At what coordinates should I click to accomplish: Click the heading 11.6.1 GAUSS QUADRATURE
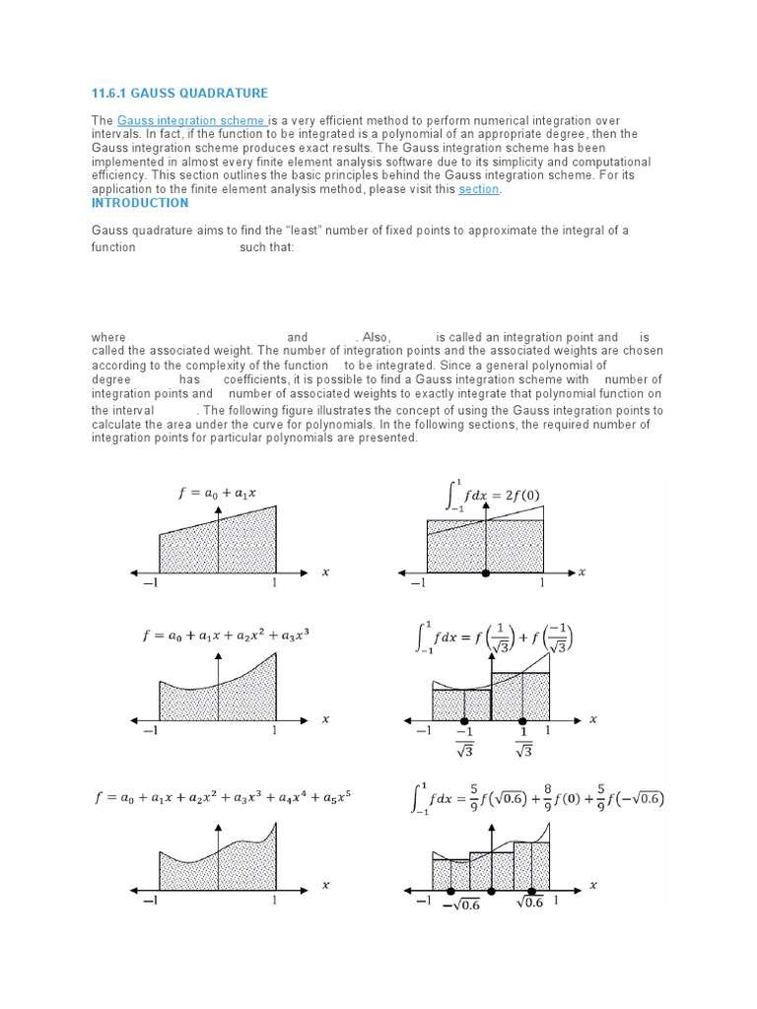coord(179,94)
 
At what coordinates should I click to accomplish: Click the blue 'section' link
coord(479,189)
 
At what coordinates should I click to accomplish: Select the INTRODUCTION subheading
coord(140,203)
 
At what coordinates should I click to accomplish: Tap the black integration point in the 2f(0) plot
coord(484,572)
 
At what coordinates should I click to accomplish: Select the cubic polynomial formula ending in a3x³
coord(226,637)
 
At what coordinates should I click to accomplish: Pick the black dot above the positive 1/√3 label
coord(522,720)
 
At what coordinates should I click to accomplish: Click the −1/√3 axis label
coord(464,742)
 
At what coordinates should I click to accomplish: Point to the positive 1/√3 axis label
coord(522,742)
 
